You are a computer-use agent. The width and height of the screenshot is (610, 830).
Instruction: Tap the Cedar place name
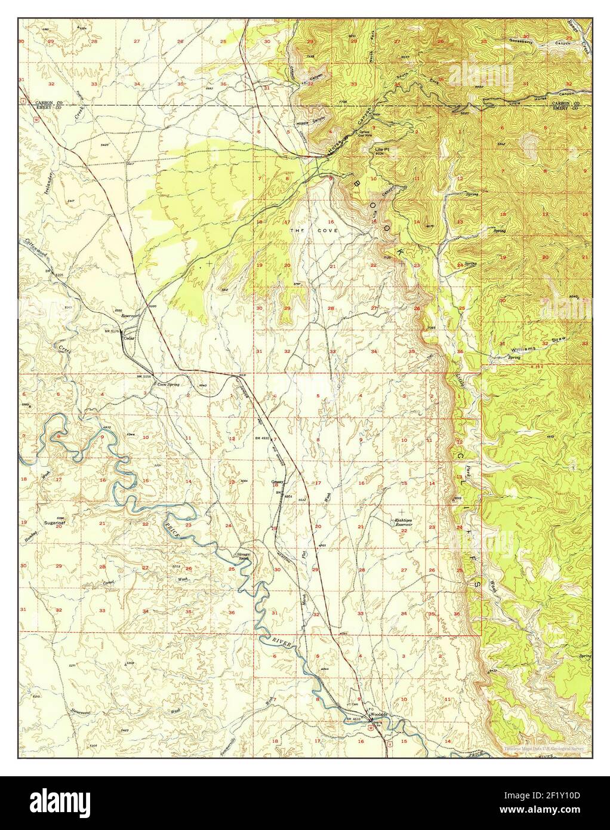tap(127, 337)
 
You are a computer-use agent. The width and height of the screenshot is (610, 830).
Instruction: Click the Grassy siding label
tap(277, 481)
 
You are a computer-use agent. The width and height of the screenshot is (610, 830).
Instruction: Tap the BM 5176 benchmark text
tap(112, 330)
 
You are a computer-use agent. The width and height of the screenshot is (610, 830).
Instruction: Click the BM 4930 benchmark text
tap(261, 439)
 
